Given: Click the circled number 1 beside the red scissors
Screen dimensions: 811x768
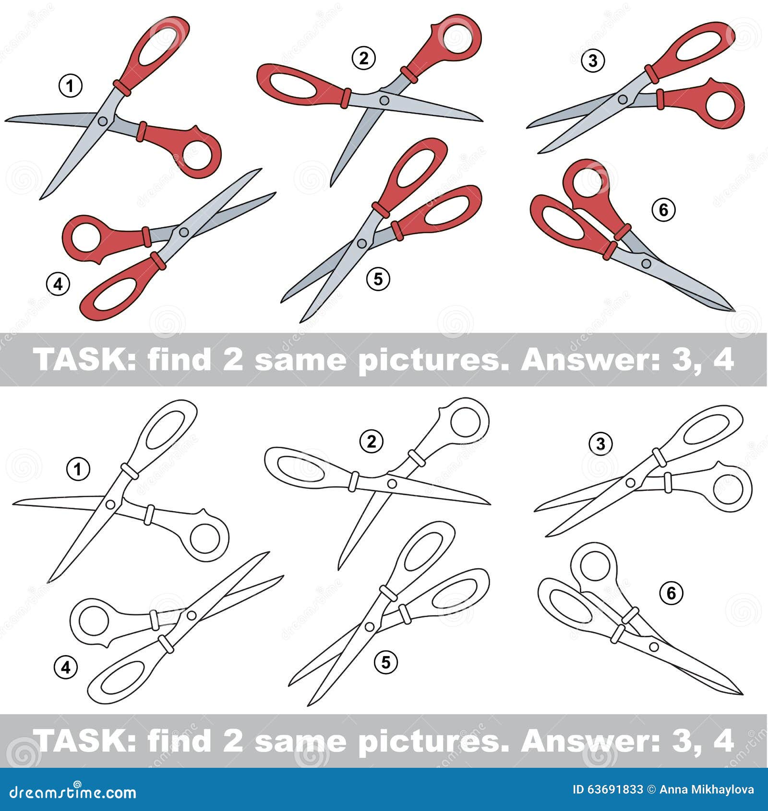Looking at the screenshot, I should click(71, 86).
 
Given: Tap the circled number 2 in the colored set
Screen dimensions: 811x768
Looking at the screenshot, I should click(363, 59).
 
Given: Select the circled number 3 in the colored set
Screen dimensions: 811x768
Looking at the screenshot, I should click(593, 61).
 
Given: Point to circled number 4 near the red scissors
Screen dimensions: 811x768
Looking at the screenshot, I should click(58, 285).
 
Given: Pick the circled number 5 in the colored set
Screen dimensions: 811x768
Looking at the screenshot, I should click(378, 279).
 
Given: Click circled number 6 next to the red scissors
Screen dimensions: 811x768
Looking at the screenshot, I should click(664, 210).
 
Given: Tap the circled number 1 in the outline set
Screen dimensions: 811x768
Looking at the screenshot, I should click(78, 469).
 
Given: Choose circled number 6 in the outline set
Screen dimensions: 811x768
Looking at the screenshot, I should click(672, 594).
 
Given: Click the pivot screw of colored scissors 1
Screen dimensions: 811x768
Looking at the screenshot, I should click(102, 121).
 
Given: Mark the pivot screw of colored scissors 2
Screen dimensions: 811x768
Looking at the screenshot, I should click(384, 100).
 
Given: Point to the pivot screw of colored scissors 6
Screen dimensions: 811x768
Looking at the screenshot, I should click(647, 263).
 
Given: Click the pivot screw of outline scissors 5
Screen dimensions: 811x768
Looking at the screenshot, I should click(370, 627).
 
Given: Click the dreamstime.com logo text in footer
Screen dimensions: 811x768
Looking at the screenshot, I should click(73, 793).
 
